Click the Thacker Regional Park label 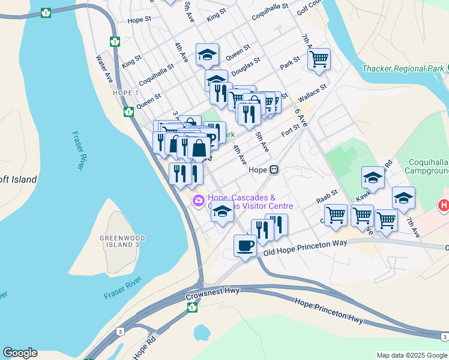pyautogui.click(x=403, y=68)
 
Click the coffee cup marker pyautogui.click(x=245, y=246)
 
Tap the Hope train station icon pyautogui.click(x=274, y=170)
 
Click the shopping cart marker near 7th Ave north pyautogui.click(x=319, y=59)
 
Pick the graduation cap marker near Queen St pyautogui.click(x=207, y=55)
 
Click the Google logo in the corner pyautogui.click(x=20, y=353)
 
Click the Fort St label pyautogui.click(x=291, y=131)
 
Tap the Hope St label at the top pyautogui.click(x=141, y=20)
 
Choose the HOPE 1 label pyautogui.click(x=125, y=93)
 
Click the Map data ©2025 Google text pyautogui.click(x=412, y=355)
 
